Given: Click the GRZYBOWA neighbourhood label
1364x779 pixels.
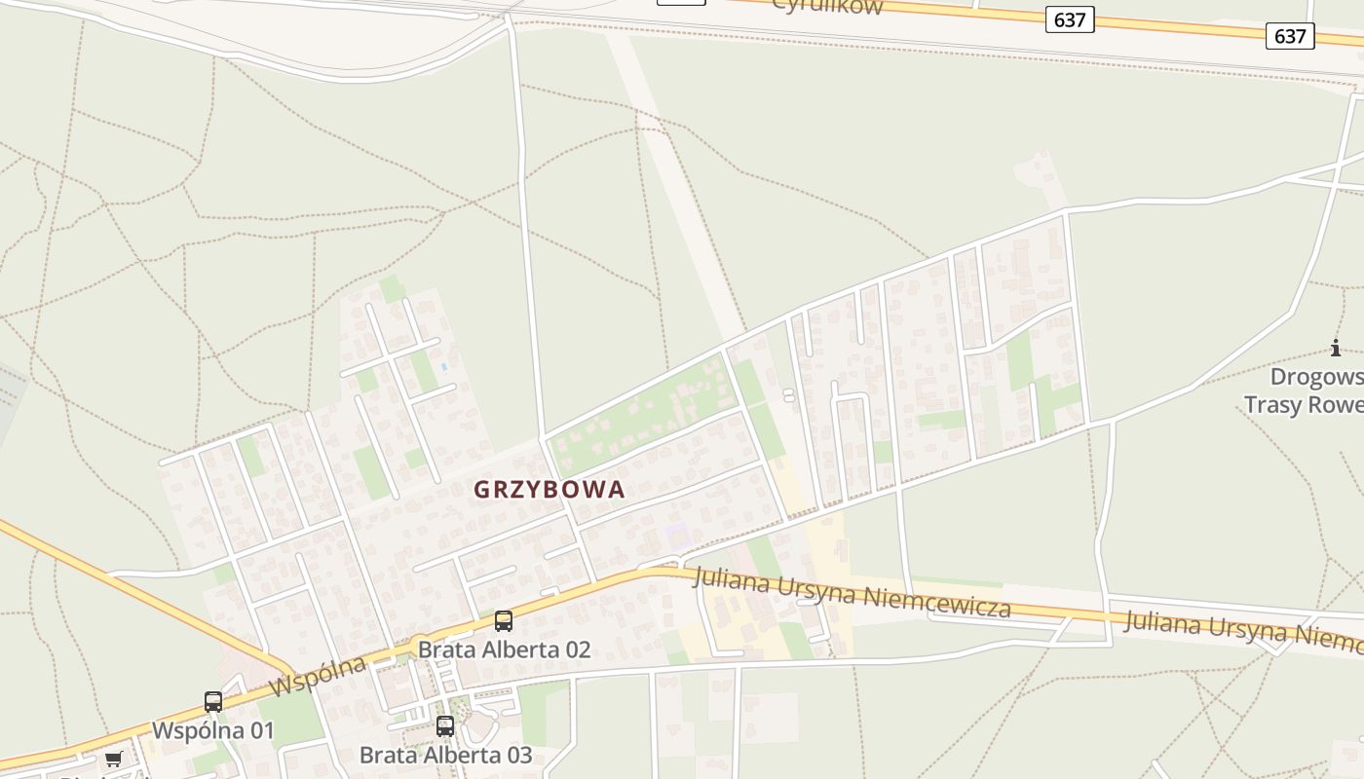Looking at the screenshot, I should pos(549,490).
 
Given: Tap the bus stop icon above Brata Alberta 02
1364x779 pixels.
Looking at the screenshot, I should pos(504,621).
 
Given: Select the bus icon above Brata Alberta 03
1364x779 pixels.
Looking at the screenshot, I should pos(445,725).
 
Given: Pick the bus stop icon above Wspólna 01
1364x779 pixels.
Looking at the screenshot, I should pos(213,701).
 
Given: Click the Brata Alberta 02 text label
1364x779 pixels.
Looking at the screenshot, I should pos(504,649).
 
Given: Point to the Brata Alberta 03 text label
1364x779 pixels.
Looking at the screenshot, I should pos(445,755).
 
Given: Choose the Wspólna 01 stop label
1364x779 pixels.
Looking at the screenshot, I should pos(212,730).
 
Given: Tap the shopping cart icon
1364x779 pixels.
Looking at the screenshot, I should pos(114,759).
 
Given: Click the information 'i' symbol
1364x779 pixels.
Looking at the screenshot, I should pos(1335,348).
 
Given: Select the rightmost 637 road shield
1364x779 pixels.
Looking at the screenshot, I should pos(1290,36).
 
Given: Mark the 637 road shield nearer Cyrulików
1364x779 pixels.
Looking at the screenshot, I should pos(1070,19).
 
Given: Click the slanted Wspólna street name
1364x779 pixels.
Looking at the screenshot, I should pos(317,676).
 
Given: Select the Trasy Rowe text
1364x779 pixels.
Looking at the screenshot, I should pos(1304,404).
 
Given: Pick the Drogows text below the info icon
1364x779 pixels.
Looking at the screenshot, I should pos(1316,377).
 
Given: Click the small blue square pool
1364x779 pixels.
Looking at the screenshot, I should pos(444,367).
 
